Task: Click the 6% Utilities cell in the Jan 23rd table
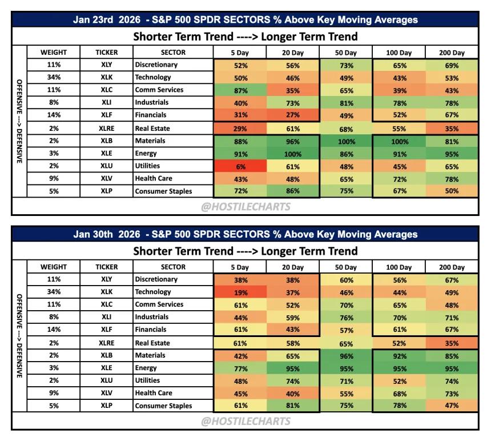(x=240, y=167)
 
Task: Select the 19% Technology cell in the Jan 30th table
(x=240, y=292)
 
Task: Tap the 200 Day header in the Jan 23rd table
(x=452, y=53)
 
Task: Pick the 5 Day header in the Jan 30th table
(x=240, y=267)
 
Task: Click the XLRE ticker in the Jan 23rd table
(x=106, y=129)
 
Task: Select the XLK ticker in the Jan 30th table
(x=106, y=291)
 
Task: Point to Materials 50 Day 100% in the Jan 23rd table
(x=347, y=142)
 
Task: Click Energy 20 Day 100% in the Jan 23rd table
(x=292, y=154)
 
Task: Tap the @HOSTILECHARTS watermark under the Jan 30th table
(x=246, y=421)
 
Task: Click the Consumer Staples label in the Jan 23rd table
(x=163, y=191)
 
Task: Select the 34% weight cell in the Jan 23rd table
(x=54, y=77)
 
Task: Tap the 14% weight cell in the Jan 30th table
(x=54, y=329)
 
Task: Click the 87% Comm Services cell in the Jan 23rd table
(x=240, y=90)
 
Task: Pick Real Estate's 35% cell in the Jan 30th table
(x=452, y=343)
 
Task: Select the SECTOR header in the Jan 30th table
(x=173, y=267)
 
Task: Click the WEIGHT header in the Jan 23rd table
(x=54, y=53)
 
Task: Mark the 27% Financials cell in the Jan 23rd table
(x=292, y=115)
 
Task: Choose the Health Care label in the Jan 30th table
(x=154, y=393)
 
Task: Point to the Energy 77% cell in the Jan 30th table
(x=240, y=368)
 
